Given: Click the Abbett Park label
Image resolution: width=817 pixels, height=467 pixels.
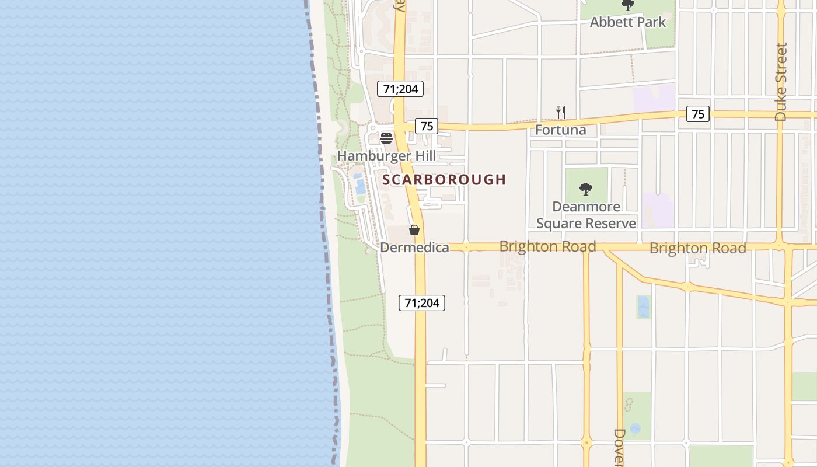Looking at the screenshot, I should (627, 22).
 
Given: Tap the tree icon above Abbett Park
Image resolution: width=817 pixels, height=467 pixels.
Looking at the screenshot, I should (627, 6).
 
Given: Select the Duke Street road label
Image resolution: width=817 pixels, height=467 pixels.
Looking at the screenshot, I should (781, 82).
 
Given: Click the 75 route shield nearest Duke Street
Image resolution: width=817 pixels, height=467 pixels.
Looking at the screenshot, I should (698, 114).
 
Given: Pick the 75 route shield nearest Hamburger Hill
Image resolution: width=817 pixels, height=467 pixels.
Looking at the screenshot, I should (427, 126).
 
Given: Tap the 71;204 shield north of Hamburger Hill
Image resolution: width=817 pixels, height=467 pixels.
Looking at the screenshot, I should (400, 89).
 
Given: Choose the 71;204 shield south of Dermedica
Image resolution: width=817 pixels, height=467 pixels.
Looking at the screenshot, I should (422, 302).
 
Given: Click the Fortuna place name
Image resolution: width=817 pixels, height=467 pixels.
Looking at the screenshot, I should (560, 130).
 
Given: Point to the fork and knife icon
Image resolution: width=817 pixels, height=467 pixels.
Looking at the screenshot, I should (560, 113).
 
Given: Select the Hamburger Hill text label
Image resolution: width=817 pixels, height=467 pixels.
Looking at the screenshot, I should (386, 156).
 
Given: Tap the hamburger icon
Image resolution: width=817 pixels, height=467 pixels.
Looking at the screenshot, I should (386, 138).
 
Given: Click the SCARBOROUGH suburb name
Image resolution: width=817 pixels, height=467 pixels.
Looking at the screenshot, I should (444, 180).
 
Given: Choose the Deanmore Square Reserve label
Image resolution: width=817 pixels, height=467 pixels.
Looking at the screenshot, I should (586, 215).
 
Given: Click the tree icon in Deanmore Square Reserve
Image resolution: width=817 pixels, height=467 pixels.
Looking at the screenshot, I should (586, 189).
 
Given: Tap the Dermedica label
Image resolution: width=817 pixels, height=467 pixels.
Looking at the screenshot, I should (414, 248).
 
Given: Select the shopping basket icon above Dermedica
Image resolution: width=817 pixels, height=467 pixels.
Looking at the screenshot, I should (414, 230).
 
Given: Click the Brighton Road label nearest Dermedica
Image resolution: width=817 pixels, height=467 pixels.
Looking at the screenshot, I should (547, 246).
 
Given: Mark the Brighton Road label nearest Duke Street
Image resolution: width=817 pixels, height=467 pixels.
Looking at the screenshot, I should (697, 248).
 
